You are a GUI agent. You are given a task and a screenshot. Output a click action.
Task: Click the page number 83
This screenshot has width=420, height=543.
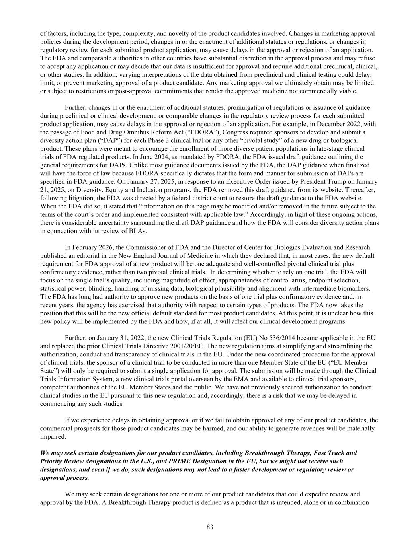210,527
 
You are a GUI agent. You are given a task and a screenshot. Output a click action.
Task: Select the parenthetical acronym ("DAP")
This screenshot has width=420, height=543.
106,140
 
